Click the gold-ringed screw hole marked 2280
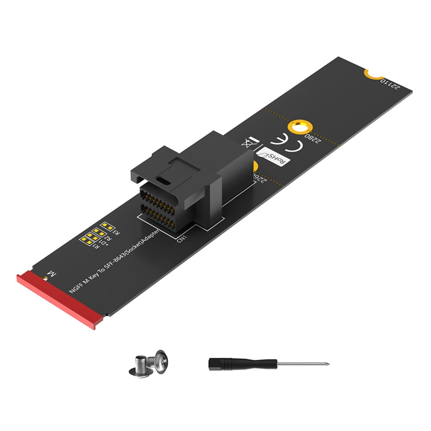[299, 127]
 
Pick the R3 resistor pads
[108, 227]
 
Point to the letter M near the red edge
[52, 274]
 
